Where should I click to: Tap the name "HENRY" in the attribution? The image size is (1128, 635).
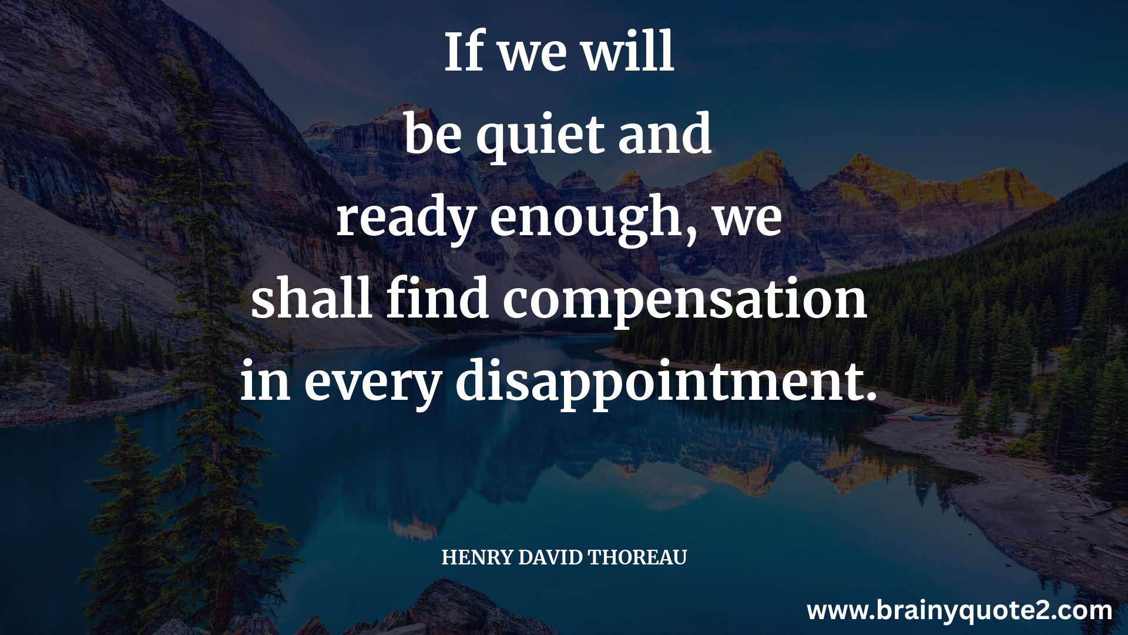(477, 557)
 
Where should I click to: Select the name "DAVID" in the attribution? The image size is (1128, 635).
(550, 557)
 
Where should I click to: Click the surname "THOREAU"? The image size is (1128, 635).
(637, 557)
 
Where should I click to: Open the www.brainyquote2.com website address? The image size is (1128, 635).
(959, 611)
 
